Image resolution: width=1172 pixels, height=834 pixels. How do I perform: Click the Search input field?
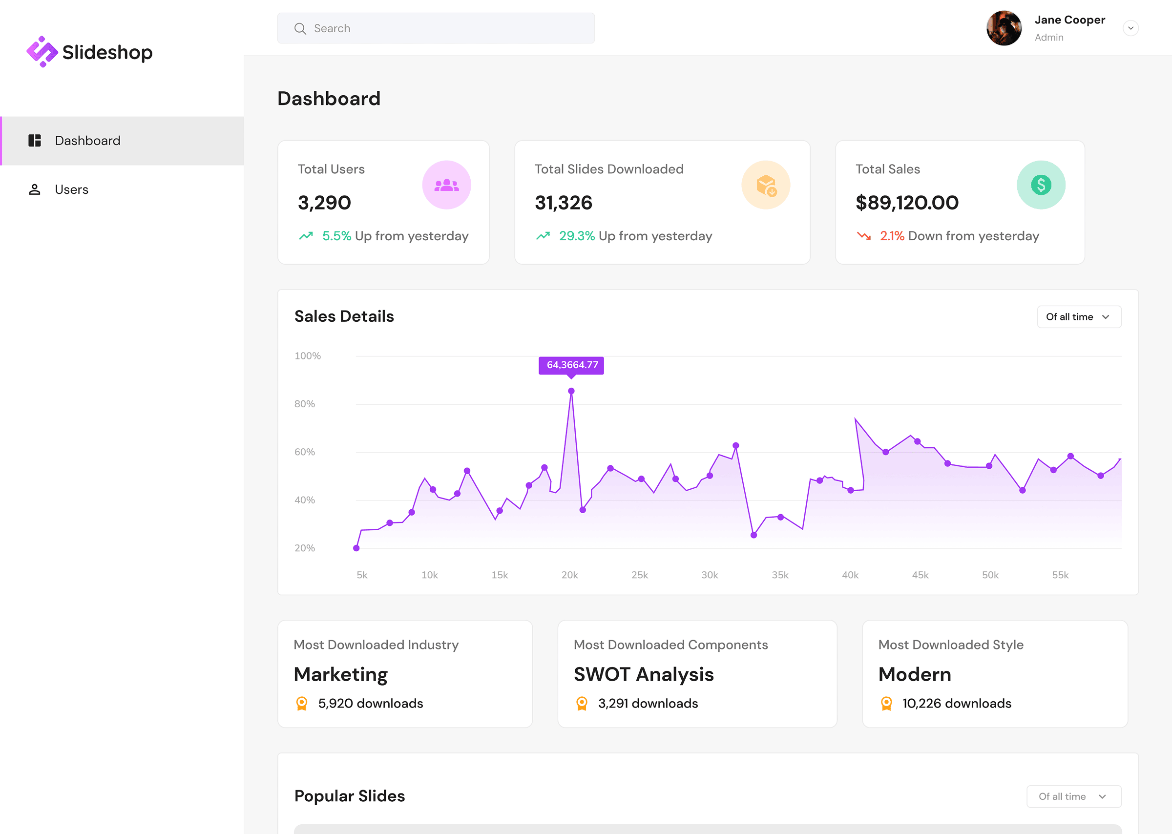coord(436,28)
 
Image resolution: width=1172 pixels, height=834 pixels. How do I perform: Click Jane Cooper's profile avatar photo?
coord(1004,28)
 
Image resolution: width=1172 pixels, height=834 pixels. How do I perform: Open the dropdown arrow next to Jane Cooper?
coord(1130,28)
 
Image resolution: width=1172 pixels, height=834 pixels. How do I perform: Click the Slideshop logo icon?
coord(42,52)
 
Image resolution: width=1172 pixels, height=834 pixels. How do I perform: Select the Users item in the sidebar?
coord(71,189)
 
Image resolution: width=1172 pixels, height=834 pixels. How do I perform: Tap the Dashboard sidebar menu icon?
coord(34,141)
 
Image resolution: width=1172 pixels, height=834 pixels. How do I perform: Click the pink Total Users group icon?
coord(446,185)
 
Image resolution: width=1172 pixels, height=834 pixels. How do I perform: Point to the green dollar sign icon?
coord(1041,185)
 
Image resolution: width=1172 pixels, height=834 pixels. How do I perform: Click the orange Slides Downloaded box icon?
coord(766,185)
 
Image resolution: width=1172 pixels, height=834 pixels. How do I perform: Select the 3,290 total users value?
coord(324,203)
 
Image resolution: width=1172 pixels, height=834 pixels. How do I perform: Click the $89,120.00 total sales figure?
coord(906,203)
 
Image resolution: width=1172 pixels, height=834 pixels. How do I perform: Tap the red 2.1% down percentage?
coord(892,236)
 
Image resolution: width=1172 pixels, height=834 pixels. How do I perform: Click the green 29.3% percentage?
coord(577,236)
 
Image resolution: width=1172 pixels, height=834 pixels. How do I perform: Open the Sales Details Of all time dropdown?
coord(1079,317)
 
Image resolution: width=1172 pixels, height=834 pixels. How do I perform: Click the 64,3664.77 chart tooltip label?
coord(571,365)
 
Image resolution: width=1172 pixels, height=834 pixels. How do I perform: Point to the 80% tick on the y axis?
coord(305,404)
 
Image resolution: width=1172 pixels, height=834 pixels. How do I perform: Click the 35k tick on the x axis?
coord(779,575)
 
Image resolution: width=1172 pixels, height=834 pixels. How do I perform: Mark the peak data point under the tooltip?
coord(571,391)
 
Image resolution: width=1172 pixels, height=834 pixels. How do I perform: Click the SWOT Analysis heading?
coord(644,674)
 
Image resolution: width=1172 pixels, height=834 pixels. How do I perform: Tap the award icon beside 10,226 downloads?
coord(886,704)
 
